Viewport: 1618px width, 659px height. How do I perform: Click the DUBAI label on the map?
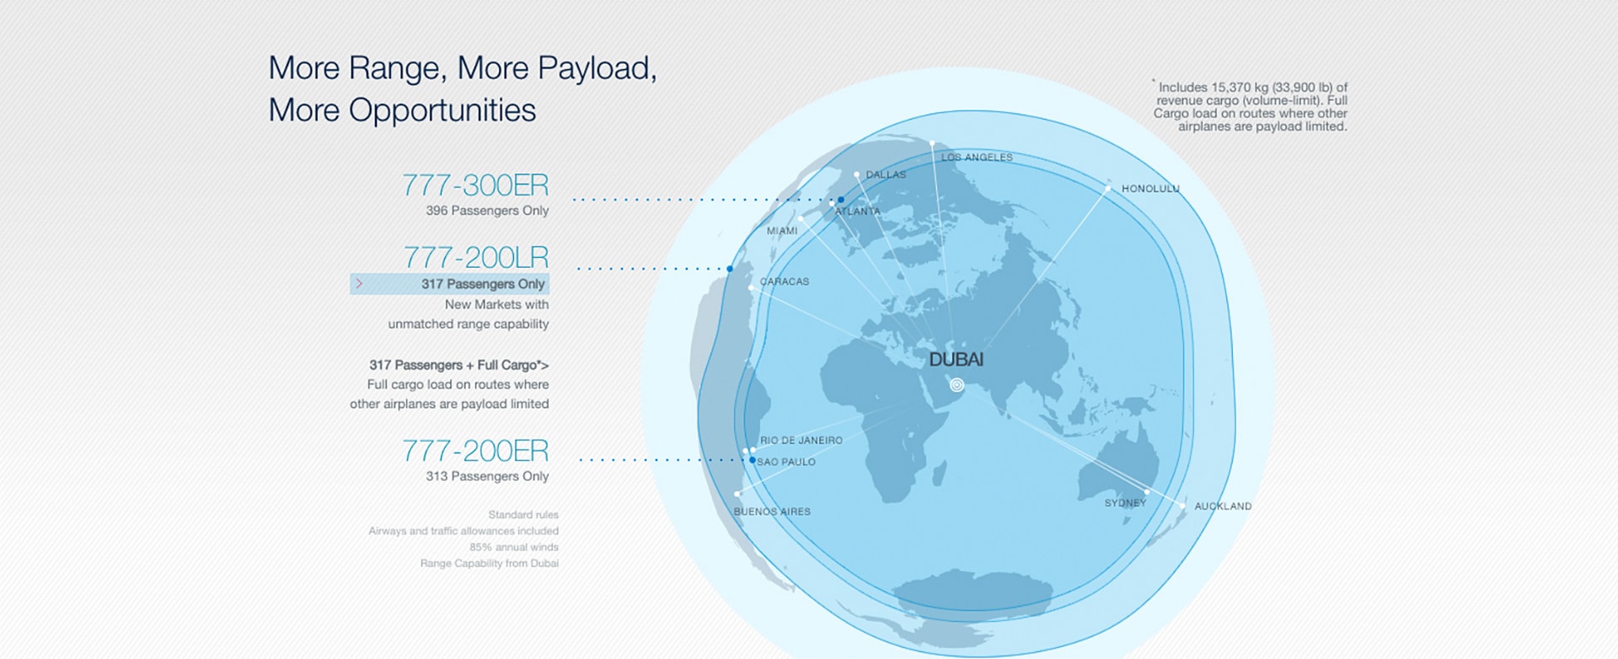(x=956, y=360)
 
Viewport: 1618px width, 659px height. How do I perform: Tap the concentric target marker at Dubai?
(x=956, y=385)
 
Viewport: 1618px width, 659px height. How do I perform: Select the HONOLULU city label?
(x=1150, y=189)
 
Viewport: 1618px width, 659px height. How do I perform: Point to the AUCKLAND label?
(x=1223, y=506)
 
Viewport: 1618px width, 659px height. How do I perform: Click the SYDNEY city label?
(x=1126, y=503)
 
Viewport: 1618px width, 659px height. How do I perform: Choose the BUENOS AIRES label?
(x=772, y=512)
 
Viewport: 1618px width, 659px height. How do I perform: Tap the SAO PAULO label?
(x=786, y=462)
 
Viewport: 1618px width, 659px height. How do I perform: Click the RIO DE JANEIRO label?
(x=801, y=440)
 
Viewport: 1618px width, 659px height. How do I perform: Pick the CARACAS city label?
(x=785, y=281)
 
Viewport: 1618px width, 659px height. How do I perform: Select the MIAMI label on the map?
(x=782, y=231)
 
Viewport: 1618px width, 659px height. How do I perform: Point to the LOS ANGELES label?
(x=977, y=158)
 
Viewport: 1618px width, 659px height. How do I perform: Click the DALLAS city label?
(x=887, y=174)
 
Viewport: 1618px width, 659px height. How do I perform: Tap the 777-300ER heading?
(x=475, y=185)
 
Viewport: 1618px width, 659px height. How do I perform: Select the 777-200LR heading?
(x=476, y=257)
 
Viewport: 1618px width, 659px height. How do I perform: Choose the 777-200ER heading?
(x=475, y=451)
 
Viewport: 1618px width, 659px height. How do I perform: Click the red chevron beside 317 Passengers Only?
(x=359, y=284)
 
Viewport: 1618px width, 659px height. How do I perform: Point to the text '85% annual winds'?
(x=514, y=547)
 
